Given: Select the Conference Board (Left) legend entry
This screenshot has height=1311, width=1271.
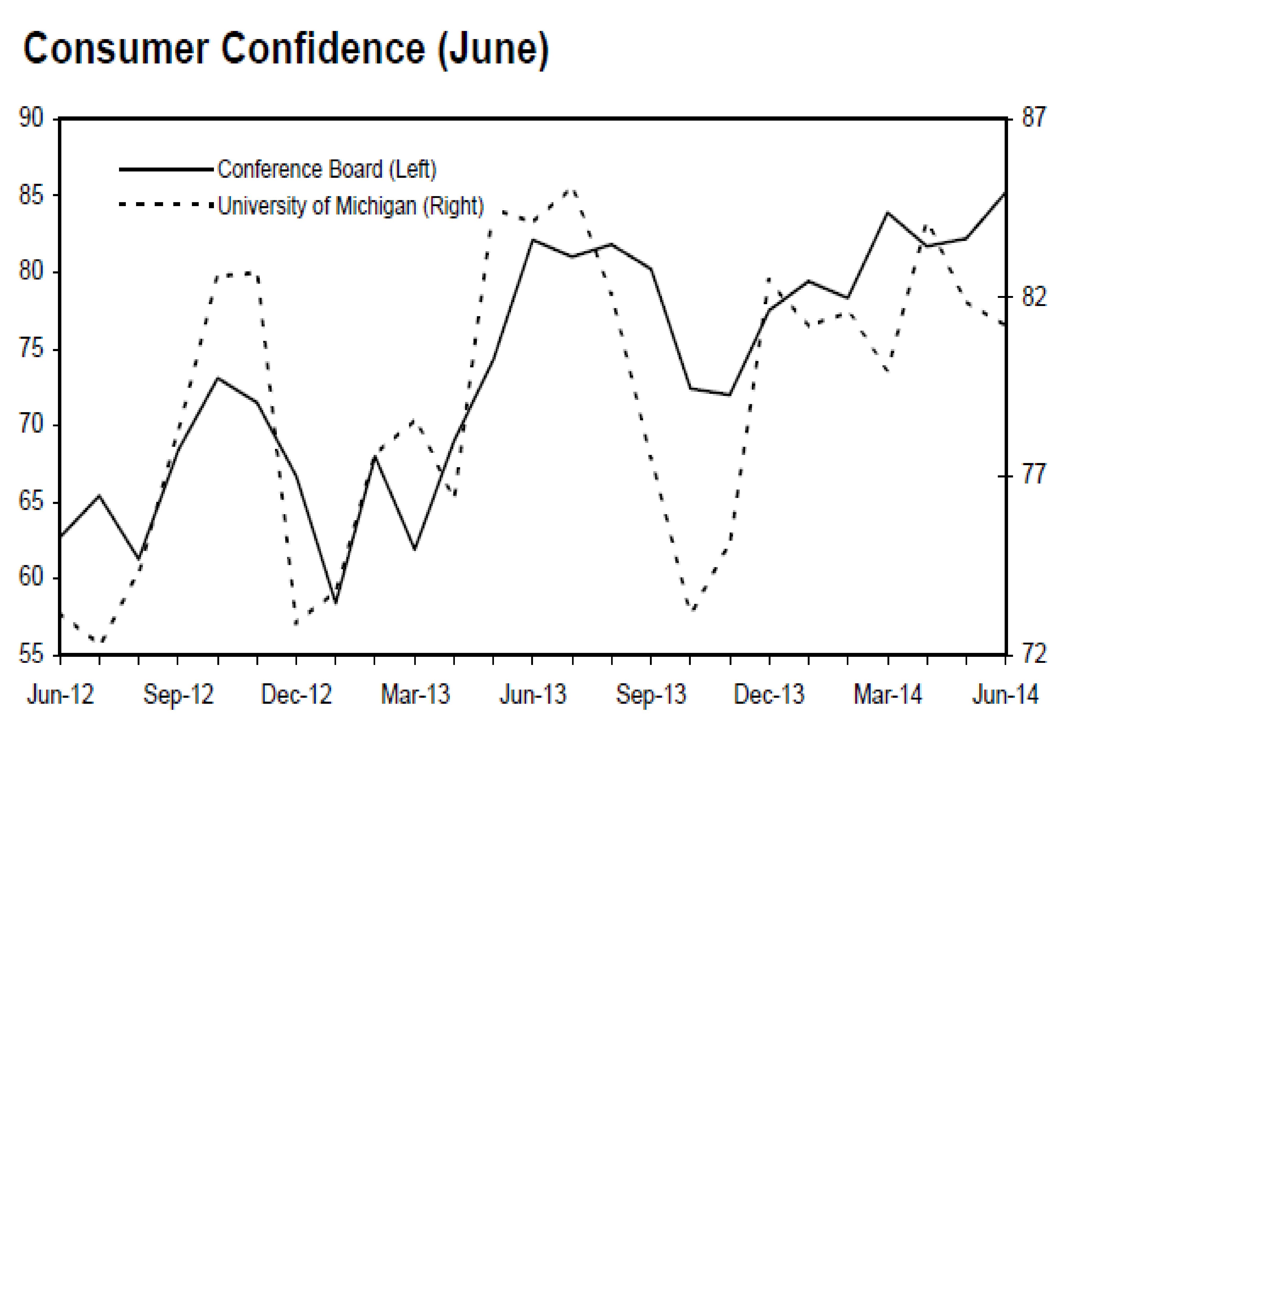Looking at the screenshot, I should point(326,169).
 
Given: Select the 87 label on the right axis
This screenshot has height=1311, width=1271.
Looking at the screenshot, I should point(1033,118).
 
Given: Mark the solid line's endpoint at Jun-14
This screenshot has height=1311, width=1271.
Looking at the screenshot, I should point(1005,193).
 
